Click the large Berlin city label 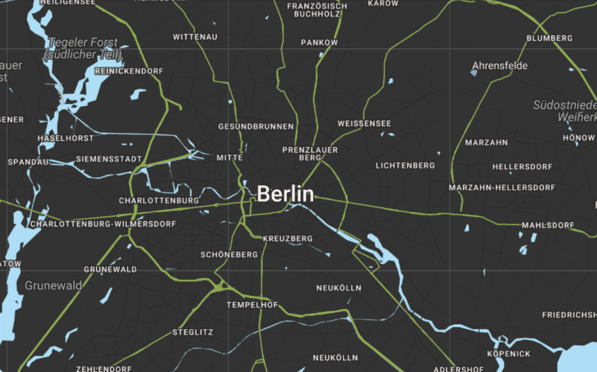(x=285, y=194)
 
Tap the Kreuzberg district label (x=288, y=239)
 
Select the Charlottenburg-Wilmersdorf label (x=102, y=224)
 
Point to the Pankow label (x=320, y=43)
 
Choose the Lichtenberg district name (x=405, y=166)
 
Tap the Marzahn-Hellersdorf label (x=502, y=188)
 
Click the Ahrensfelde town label (x=499, y=66)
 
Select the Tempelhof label (x=252, y=305)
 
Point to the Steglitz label (x=193, y=333)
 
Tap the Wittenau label (x=195, y=37)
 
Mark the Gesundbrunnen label (x=256, y=127)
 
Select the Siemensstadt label (x=109, y=159)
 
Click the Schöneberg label (x=229, y=255)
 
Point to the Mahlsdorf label (x=548, y=225)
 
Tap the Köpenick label (x=508, y=354)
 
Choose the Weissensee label (x=364, y=124)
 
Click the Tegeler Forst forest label (x=82, y=48)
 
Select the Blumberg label (x=549, y=38)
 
